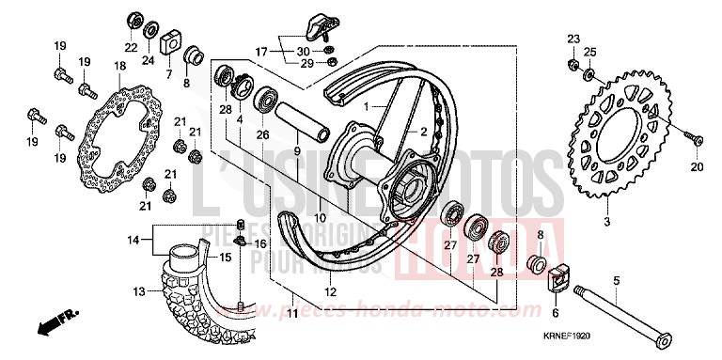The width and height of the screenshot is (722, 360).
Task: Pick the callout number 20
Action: click(x=697, y=167)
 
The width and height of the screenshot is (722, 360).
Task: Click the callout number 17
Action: click(x=261, y=50)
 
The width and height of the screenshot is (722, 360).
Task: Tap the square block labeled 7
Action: click(x=170, y=43)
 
